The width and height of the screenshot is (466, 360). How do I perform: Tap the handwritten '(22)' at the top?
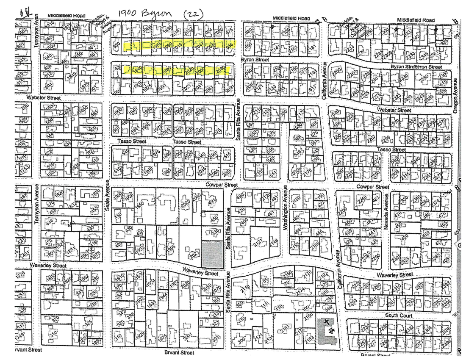[192, 14]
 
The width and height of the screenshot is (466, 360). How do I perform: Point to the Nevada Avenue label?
[386, 218]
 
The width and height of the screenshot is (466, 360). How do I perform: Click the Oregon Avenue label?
[456, 95]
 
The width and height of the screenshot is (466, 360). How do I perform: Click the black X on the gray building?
[326, 322]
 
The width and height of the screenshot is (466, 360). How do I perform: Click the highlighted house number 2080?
[219, 70]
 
